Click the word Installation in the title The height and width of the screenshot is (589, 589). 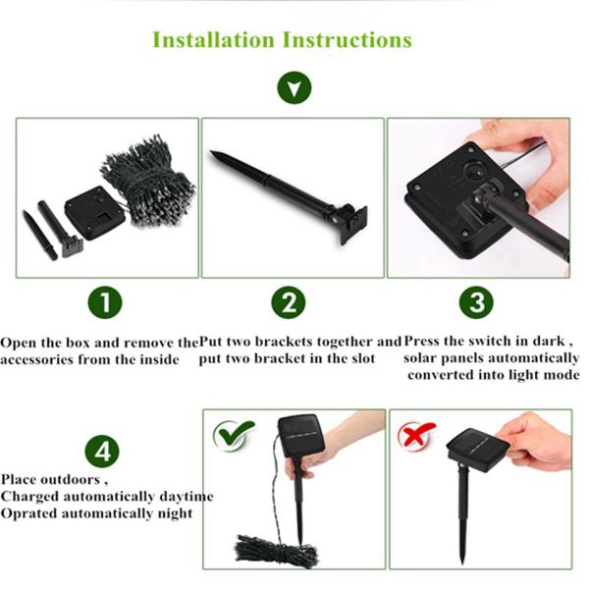coord(214,40)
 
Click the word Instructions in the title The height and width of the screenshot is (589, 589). coord(348,40)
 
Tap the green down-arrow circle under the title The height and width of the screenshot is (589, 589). coord(294,88)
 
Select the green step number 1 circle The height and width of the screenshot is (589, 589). coord(105,302)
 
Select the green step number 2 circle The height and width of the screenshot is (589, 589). coord(289,302)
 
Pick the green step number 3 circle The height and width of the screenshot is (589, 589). coord(476,302)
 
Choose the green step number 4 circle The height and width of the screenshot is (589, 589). coord(102,452)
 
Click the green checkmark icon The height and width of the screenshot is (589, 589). coord(234,434)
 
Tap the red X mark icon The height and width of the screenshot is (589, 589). coord(416,435)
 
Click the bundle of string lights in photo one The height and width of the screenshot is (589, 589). coord(148,183)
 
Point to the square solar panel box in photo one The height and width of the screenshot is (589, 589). coord(94,212)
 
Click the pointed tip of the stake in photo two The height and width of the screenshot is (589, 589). coord(211,152)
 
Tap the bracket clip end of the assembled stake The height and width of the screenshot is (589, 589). coord(351,224)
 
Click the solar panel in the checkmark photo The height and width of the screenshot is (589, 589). coord(301,436)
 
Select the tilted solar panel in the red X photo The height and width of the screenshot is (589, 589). coord(478,449)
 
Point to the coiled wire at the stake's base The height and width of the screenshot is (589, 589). coord(276,551)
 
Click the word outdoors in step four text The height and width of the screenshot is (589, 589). coord(71,480)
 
